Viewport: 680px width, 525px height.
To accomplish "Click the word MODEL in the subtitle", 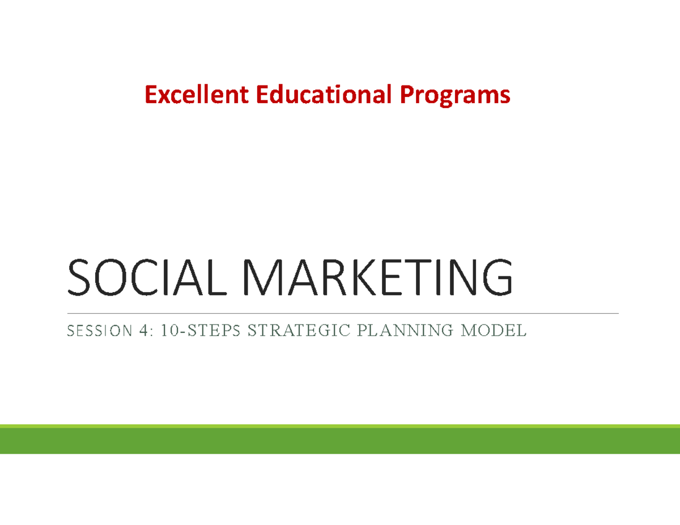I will [x=494, y=330].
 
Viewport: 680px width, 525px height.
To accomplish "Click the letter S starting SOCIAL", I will [x=79, y=278].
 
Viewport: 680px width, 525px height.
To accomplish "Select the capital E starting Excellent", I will [x=150, y=95].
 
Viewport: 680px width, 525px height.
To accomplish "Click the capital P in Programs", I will [x=408, y=95].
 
